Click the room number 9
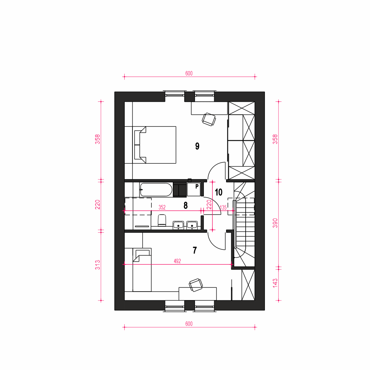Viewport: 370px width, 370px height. pyautogui.click(x=197, y=146)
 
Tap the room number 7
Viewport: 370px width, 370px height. pyautogui.click(x=195, y=250)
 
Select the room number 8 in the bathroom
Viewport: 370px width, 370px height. pyautogui.click(x=186, y=205)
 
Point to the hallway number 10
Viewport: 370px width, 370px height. pyautogui.click(x=219, y=192)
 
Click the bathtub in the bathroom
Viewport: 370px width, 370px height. pyautogui.click(x=156, y=190)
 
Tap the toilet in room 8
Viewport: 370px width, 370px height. pyautogui.click(x=162, y=220)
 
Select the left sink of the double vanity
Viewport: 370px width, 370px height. pyautogui.click(x=178, y=225)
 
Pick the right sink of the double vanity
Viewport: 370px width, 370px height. pyautogui.click(x=192, y=225)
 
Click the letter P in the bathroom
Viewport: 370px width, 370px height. pyautogui.click(x=197, y=186)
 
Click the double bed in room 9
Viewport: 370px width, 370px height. pyautogui.click(x=155, y=145)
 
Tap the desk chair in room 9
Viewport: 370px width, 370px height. pyautogui.click(x=209, y=120)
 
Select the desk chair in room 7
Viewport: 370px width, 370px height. pyautogui.click(x=196, y=285)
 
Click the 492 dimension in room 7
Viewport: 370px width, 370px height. pyautogui.click(x=177, y=261)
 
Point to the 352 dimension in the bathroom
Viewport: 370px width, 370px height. pyautogui.click(x=162, y=208)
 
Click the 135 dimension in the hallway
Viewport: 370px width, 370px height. pyautogui.click(x=223, y=208)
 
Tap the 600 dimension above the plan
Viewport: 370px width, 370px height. pyautogui.click(x=189, y=73)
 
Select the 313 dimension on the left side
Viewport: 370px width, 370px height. pyautogui.click(x=97, y=265)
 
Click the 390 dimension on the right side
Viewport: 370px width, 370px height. pyautogui.click(x=275, y=223)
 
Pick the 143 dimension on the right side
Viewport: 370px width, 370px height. pyautogui.click(x=275, y=283)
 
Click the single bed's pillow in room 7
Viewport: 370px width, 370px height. pyautogui.click(x=142, y=256)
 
